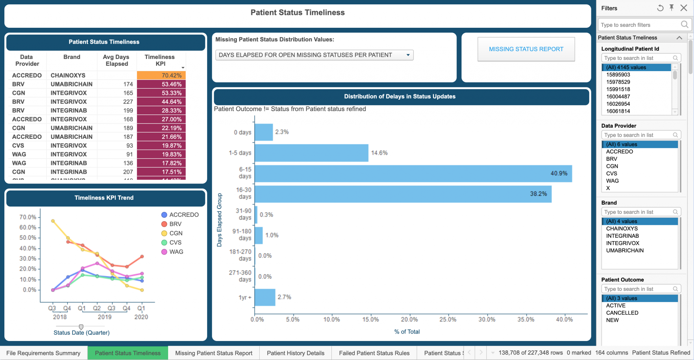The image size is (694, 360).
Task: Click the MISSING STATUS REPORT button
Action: (x=526, y=49)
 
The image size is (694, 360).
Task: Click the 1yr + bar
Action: (x=265, y=297)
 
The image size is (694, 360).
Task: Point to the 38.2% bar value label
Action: (x=538, y=194)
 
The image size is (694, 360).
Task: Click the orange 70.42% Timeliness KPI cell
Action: (x=161, y=75)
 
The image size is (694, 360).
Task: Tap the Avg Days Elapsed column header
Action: (x=116, y=60)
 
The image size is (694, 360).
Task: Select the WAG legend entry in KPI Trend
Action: (x=176, y=252)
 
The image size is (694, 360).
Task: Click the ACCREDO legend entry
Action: (x=184, y=215)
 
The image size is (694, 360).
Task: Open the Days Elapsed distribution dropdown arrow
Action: (x=408, y=55)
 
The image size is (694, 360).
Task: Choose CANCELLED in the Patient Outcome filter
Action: (x=622, y=313)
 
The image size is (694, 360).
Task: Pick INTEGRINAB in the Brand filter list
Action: (x=622, y=236)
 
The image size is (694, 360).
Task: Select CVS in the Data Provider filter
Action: (x=611, y=173)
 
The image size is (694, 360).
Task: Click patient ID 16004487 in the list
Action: (x=618, y=97)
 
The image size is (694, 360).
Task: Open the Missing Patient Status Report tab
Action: (x=213, y=353)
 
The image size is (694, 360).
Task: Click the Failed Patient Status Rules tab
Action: (x=374, y=353)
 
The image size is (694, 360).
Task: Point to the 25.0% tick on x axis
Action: (x=448, y=319)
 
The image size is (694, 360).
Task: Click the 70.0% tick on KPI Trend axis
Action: (x=27, y=217)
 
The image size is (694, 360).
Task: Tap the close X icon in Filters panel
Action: (x=683, y=8)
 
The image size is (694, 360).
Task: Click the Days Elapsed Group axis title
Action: (x=219, y=220)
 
